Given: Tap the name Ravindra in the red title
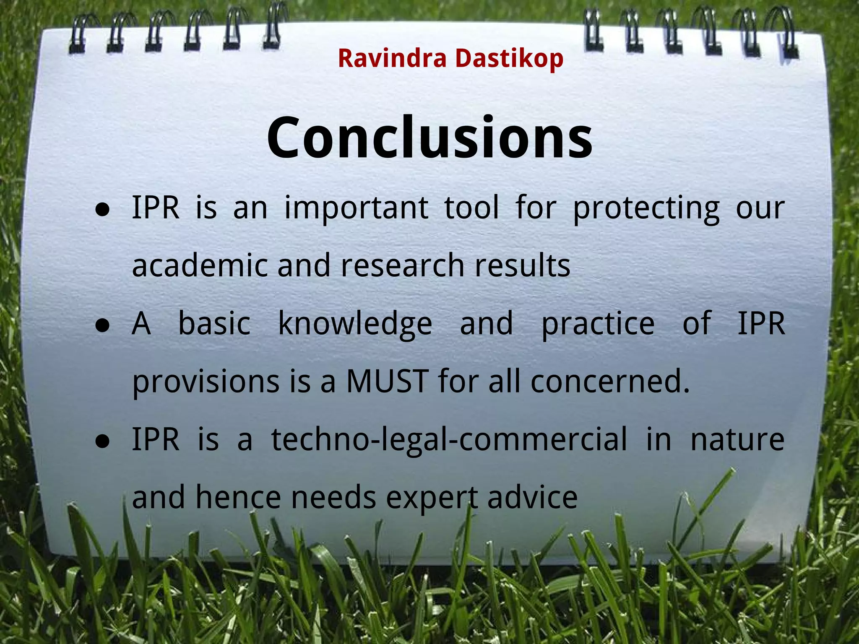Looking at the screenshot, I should click(392, 58).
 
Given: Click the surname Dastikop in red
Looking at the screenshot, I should click(509, 58).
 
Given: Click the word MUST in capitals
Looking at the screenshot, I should click(387, 381).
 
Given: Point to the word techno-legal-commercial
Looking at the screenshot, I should click(449, 439).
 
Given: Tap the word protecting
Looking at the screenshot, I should click(646, 208).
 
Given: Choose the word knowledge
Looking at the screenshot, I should click(355, 324).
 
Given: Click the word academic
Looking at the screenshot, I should click(200, 265).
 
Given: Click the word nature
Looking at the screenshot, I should click(737, 439).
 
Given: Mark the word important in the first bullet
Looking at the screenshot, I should click(356, 208).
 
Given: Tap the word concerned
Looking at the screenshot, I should click(610, 381).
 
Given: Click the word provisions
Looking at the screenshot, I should click(206, 382).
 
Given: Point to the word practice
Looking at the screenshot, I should click(598, 324).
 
